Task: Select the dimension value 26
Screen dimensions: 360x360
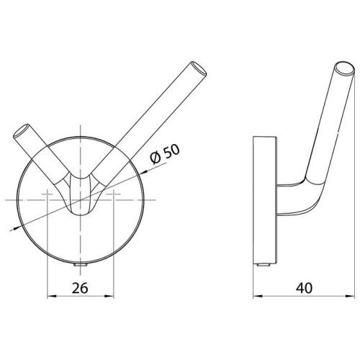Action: [x=80, y=288]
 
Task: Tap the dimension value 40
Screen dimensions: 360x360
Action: [x=304, y=288]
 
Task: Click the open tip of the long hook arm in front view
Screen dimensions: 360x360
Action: [x=199, y=69]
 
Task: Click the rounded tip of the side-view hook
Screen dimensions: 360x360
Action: [x=345, y=69]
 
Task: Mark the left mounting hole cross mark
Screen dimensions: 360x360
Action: [x=48, y=194]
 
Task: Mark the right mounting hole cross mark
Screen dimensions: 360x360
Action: [x=113, y=194]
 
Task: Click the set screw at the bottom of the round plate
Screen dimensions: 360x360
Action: [x=80, y=265]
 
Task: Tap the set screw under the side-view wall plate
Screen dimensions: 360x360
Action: [x=263, y=265]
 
